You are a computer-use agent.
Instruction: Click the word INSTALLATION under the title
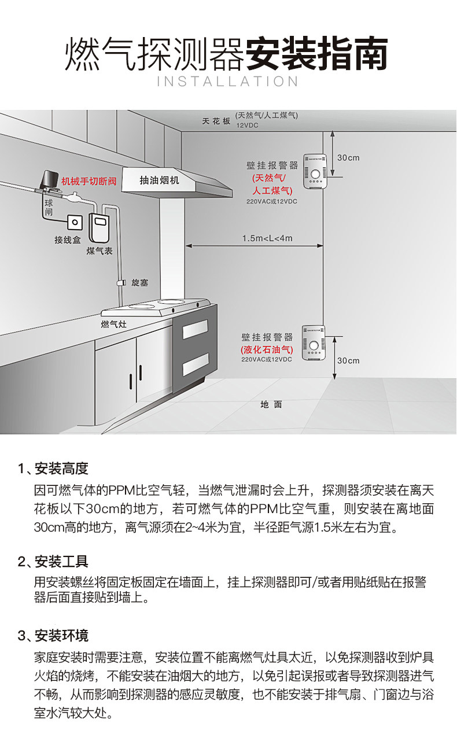click(228, 81)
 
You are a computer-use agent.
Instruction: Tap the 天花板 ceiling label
click(216, 121)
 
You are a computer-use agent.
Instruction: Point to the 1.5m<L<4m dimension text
click(267, 238)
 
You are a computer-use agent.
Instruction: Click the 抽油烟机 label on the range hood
click(160, 180)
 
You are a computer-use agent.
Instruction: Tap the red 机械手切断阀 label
click(89, 182)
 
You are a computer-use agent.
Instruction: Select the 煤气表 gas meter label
click(99, 250)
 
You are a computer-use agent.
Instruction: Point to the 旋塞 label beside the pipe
click(140, 282)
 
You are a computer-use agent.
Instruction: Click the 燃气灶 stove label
click(113, 324)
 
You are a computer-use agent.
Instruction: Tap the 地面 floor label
click(271, 404)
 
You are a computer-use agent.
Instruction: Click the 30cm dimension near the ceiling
click(348, 157)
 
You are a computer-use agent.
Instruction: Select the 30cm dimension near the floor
click(348, 360)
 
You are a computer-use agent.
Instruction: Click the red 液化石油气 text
click(267, 349)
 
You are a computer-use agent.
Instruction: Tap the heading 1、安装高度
click(53, 468)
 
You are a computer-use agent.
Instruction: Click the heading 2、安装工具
click(53, 561)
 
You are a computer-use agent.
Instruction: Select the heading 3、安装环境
click(53, 636)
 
